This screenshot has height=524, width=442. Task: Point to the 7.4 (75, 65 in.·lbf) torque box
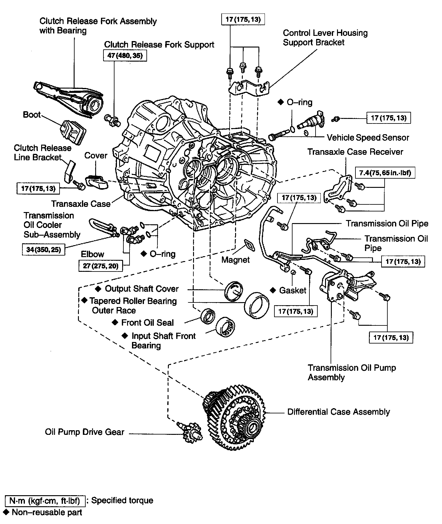click(x=385, y=173)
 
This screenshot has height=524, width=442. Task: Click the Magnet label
click(x=235, y=260)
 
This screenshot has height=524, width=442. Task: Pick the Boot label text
click(x=32, y=115)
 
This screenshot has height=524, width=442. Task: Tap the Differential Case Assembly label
click(x=339, y=412)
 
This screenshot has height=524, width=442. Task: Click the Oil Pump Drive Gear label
click(x=84, y=432)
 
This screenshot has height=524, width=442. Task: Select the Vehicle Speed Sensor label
click(x=368, y=138)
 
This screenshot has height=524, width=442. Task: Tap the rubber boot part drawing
click(x=73, y=132)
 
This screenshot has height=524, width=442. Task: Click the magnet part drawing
click(x=248, y=245)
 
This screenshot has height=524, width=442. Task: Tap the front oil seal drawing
click(x=208, y=316)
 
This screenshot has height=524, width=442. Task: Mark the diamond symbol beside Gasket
click(x=273, y=290)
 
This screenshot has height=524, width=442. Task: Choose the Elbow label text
click(x=92, y=254)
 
